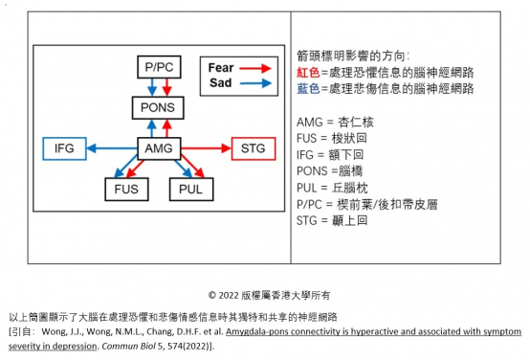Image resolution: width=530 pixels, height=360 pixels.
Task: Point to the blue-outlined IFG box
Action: [x=65, y=149]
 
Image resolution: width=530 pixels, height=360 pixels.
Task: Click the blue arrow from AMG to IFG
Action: [x=109, y=149]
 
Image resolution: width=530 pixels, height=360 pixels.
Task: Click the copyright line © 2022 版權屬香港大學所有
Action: [x=264, y=293]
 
